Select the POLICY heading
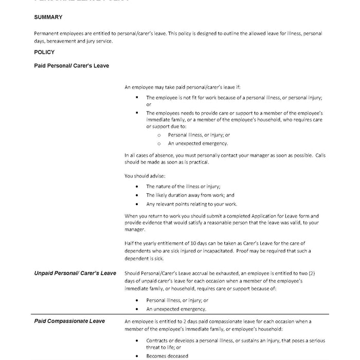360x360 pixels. tap(44, 52)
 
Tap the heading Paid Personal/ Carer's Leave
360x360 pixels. tap(71, 66)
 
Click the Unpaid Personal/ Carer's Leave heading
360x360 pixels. tap(75, 273)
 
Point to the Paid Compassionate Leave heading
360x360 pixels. tap(69, 321)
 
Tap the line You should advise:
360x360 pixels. tap(142, 176)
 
